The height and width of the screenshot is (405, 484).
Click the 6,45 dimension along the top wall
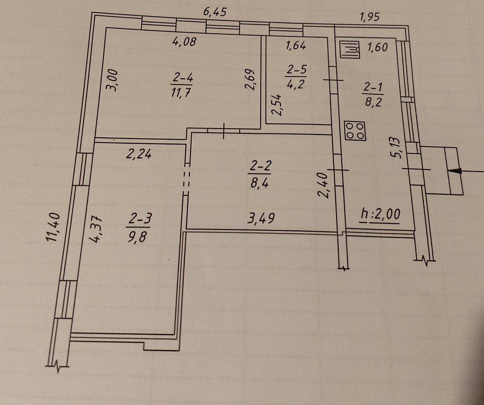click(x=215, y=12)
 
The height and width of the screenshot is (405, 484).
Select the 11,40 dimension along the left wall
click(x=53, y=227)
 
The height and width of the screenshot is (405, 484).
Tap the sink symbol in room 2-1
click(x=350, y=50)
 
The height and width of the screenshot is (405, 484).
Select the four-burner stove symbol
click(x=355, y=131)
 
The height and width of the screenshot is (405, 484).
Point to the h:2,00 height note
click(x=380, y=215)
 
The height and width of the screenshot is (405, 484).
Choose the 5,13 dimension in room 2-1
click(x=396, y=148)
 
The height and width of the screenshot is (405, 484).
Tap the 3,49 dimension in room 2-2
click(x=261, y=218)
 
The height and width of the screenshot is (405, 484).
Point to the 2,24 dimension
click(x=139, y=154)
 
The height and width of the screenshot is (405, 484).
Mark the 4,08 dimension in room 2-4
click(x=185, y=42)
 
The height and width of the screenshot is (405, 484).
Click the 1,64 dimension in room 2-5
click(x=296, y=46)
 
